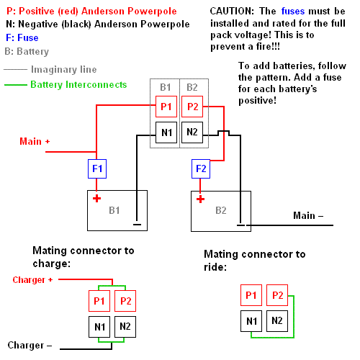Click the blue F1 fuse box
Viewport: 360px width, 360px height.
pos(97,168)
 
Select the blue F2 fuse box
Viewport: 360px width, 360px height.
pos(201,168)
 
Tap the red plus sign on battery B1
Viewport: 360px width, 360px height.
pos(96,199)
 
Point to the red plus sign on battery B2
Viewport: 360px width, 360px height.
pos(200,199)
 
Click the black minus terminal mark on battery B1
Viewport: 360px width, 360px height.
pos(137,225)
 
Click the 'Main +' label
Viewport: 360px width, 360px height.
pos(35,141)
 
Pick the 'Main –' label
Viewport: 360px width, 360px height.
pos(308,215)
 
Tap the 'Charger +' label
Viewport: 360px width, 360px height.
pos(32,280)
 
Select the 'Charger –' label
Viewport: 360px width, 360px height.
pos(30,346)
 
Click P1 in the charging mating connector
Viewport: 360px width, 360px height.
pos(99,301)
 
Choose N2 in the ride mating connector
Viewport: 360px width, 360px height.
pos(277,321)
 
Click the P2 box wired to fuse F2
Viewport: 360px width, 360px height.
pos(192,107)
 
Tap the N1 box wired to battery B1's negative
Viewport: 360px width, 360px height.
pos(166,132)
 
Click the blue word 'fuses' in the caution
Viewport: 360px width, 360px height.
pos(293,12)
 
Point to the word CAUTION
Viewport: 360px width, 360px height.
pos(232,12)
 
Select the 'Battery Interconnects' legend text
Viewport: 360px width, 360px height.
pos(78,85)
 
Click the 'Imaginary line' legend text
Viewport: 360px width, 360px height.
pos(64,70)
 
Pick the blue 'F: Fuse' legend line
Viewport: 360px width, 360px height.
pos(22,38)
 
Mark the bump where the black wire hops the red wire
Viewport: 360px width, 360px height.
pos(223,132)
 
